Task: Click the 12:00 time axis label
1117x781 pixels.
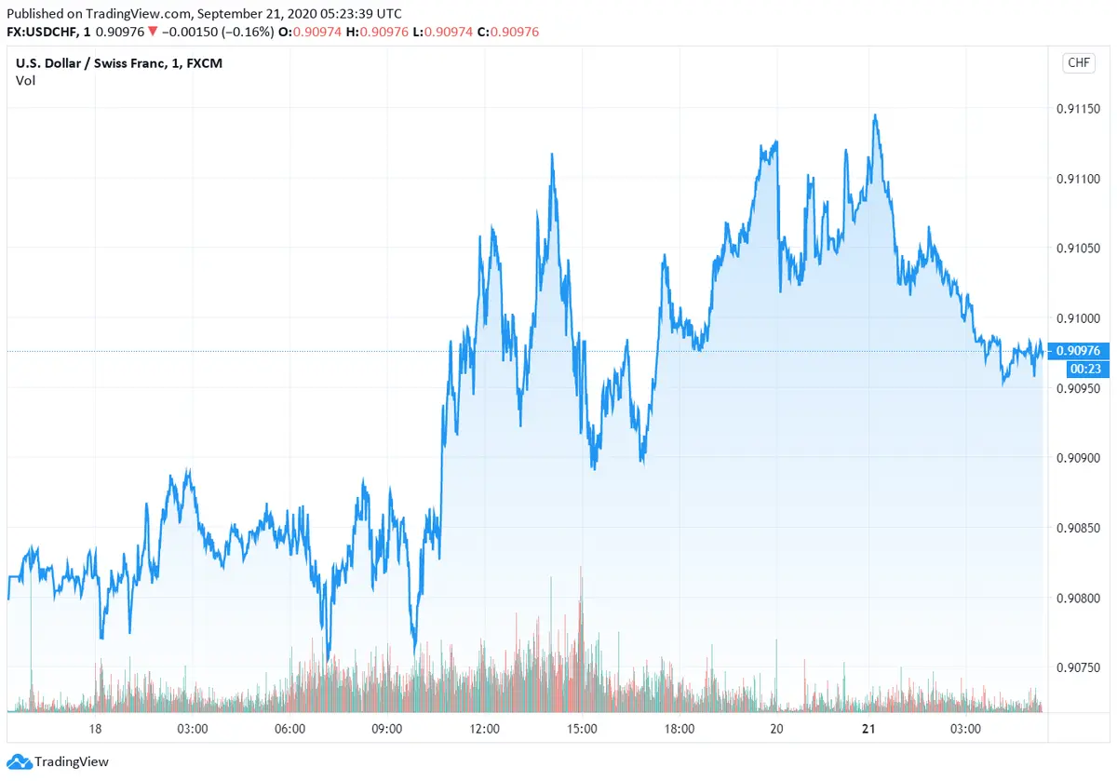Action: pos(484,729)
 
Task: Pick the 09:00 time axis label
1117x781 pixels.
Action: pos(386,729)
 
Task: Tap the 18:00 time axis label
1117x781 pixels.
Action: pos(679,729)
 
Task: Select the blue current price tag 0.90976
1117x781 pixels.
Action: pos(1077,351)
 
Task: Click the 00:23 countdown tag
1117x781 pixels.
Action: pos(1077,368)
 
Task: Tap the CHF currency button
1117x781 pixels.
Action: pos(1078,63)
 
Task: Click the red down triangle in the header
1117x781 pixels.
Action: pos(153,32)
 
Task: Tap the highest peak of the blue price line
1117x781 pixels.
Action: pos(875,116)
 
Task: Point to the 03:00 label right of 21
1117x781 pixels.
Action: pos(965,729)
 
